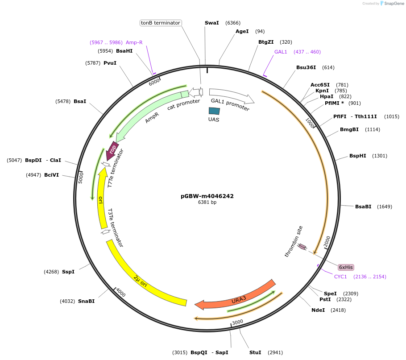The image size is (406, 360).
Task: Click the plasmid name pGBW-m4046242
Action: click(207, 196)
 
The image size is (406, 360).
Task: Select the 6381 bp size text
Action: click(207, 202)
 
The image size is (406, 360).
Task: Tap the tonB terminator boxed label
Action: click(160, 23)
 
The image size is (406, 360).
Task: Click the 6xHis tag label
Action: click(346, 267)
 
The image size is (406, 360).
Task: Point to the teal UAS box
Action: click(214, 111)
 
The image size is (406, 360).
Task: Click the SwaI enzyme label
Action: click(211, 23)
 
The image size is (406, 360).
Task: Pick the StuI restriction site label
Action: click(255, 352)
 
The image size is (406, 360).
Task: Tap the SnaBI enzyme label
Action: click(86, 301)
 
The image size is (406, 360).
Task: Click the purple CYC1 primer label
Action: click(340, 277)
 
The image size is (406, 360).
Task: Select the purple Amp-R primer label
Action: click(134, 42)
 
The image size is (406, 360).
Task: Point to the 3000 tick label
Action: click(237, 322)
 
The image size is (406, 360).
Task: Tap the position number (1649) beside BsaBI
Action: click(385, 207)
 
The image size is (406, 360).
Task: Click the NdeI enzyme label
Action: click(318, 310)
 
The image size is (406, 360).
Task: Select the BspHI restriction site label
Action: click(357, 156)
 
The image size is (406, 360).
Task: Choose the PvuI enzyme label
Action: click(110, 63)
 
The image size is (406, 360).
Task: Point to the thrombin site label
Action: click(294, 241)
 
